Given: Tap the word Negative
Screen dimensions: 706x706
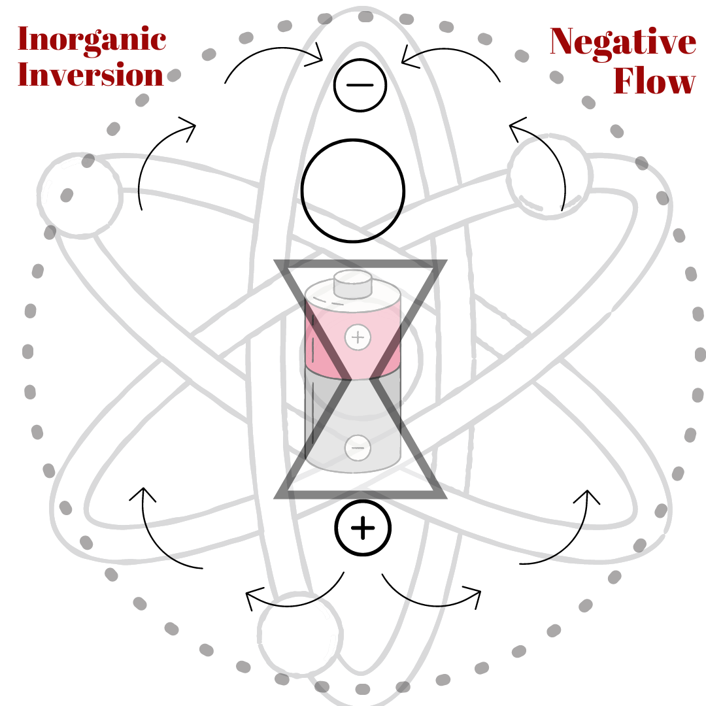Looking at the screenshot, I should click(622, 42).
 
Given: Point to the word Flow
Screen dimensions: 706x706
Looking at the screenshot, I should click(654, 82).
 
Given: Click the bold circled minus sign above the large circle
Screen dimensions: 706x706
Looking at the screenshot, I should click(359, 86).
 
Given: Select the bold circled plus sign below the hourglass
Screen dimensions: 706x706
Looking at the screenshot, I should click(363, 529).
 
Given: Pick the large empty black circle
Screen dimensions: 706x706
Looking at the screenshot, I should click(353, 190).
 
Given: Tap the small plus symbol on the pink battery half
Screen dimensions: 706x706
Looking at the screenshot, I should click(357, 337).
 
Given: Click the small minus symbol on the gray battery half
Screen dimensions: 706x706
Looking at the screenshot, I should click(358, 447).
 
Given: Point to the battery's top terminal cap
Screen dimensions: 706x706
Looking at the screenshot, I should click(353, 284).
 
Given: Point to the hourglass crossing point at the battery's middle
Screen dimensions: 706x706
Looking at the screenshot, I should click(361, 378).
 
